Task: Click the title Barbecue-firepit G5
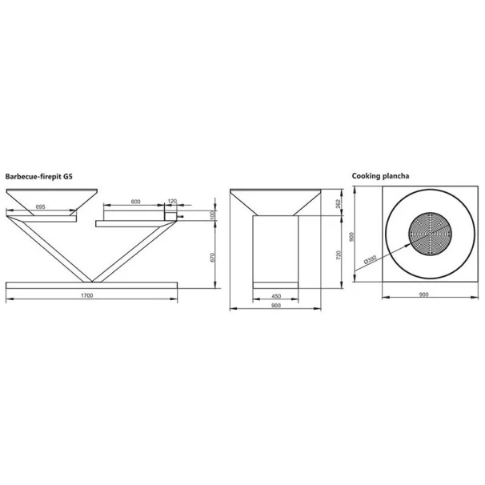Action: [x=39, y=177]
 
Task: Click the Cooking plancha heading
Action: [x=380, y=176]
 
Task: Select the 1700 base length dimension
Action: [x=87, y=295]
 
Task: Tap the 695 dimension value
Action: [x=41, y=206]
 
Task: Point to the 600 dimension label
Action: [x=136, y=202]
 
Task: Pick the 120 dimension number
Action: [x=172, y=201]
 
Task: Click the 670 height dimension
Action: [x=212, y=258]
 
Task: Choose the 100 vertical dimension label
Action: [x=212, y=215]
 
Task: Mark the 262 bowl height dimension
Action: [x=338, y=203]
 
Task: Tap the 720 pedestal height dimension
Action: [x=339, y=255]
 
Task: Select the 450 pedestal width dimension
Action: [x=276, y=296]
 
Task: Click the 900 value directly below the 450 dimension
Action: [x=275, y=305]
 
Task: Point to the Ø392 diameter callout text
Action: [x=371, y=259]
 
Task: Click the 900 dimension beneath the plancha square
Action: [x=423, y=295]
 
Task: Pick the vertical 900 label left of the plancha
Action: [x=351, y=237]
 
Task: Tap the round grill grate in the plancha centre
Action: [x=430, y=234]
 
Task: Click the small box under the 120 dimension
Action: [x=170, y=217]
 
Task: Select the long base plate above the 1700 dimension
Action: [x=91, y=285]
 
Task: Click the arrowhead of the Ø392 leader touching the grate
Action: [x=408, y=244]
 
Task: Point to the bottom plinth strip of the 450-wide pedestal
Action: [x=275, y=285]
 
